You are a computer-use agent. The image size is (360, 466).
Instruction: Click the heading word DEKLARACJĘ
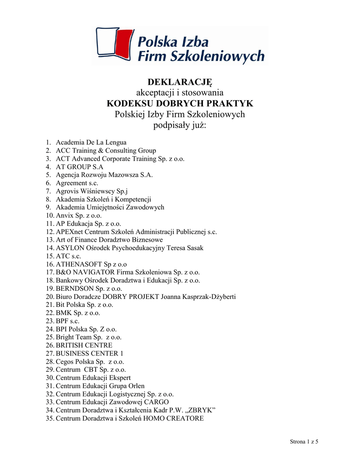click(x=180, y=81)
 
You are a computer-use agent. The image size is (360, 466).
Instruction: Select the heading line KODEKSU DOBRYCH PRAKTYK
click(x=180, y=103)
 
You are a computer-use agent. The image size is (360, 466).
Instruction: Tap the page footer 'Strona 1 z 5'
click(x=304, y=442)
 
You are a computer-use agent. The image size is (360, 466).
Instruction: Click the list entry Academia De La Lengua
click(x=91, y=142)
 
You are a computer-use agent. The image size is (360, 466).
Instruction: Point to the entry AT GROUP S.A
click(x=80, y=167)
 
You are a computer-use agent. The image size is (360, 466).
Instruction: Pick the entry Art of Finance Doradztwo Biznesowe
click(x=109, y=239)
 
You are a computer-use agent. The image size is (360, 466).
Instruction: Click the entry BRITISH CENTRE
click(x=84, y=345)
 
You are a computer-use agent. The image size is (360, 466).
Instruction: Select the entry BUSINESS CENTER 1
click(x=90, y=354)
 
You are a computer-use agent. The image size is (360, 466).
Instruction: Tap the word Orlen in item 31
click(x=135, y=386)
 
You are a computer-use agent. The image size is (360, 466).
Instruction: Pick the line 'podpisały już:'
click(x=180, y=125)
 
